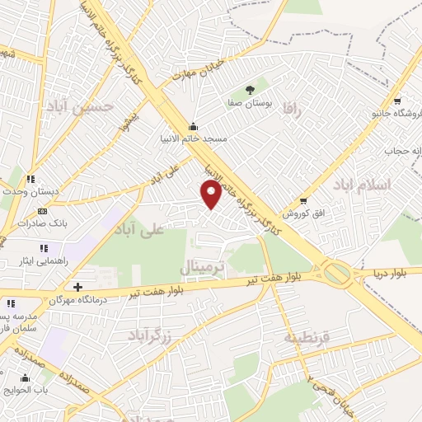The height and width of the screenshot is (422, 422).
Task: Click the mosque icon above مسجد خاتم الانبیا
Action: [193, 127]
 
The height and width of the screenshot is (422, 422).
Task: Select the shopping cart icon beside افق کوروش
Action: [303, 200]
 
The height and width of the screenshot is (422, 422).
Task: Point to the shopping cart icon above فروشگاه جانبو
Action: [397, 101]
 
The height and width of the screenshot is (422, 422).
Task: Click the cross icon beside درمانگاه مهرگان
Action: [77, 287]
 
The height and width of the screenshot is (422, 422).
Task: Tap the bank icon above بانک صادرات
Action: [44, 211]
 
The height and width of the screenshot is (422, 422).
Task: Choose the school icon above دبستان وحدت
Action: [30, 179]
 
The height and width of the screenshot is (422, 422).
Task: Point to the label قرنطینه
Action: [307, 337]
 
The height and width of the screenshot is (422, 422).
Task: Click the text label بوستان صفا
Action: [250, 105]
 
